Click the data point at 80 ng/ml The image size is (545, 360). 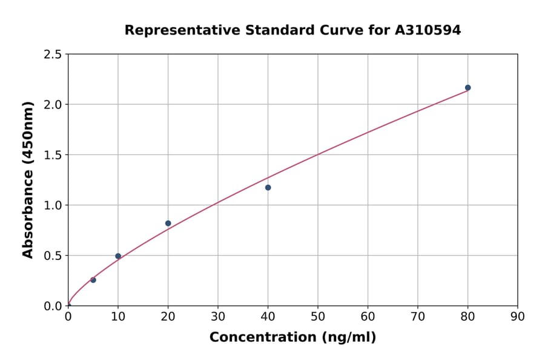click(467, 88)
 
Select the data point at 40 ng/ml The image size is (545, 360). click(268, 188)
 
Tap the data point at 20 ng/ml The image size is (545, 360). click(168, 224)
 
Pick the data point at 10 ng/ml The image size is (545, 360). click(118, 256)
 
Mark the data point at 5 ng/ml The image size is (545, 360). click(93, 280)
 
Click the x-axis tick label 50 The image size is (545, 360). click(318, 316)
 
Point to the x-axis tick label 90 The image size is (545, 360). click(518, 316)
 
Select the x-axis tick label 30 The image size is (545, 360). click(218, 316)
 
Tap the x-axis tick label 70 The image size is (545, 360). click(418, 316)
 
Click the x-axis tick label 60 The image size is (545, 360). click(368, 316)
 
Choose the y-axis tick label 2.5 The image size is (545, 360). click(53, 55)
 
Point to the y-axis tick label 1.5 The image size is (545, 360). click(53, 155)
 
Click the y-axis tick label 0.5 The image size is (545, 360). click(53, 256)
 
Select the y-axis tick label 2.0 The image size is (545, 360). click(53, 105)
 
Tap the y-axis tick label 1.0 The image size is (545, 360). click(53, 205)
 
